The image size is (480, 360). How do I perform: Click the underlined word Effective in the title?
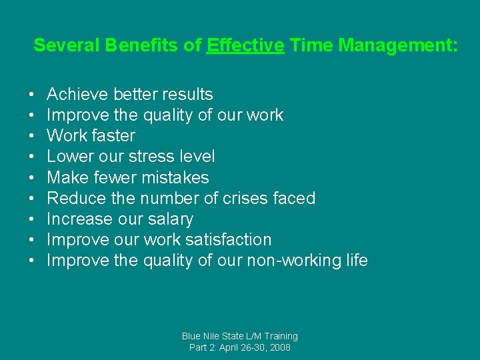(245, 46)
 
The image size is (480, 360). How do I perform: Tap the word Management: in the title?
(398, 46)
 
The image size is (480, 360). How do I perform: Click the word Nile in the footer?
(217, 336)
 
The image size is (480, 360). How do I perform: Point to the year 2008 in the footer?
(279, 347)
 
